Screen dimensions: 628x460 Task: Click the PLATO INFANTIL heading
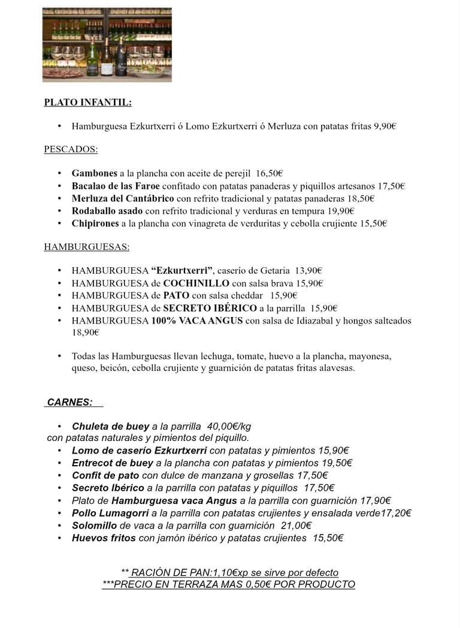[87, 102]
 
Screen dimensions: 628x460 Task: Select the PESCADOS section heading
[71, 149]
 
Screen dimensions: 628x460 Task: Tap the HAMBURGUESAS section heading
[86, 246]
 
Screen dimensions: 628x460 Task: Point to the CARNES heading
[70, 403]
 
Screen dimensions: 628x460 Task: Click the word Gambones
[94, 174]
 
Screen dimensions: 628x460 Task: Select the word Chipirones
[95, 224]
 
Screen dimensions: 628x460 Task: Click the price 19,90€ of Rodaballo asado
[341, 211]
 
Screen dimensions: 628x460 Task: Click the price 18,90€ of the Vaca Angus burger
[85, 333]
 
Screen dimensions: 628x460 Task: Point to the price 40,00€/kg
[229, 427]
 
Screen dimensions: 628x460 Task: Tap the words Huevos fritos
[104, 538]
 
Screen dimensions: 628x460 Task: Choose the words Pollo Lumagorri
[110, 513]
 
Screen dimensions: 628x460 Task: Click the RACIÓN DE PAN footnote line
[229, 572]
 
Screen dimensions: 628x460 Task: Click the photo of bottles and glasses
[107, 44]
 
